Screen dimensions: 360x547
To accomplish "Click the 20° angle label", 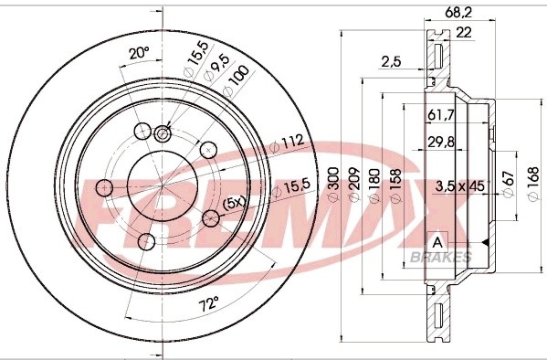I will click(139, 53).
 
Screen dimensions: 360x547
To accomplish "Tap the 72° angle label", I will click(210, 302).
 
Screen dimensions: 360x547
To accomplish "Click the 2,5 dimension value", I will click(391, 61).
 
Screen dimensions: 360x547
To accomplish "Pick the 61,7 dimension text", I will click(440, 115).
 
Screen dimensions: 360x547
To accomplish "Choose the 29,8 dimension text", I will click(440, 140).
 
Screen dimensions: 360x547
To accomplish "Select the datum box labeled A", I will click(437, 241).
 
